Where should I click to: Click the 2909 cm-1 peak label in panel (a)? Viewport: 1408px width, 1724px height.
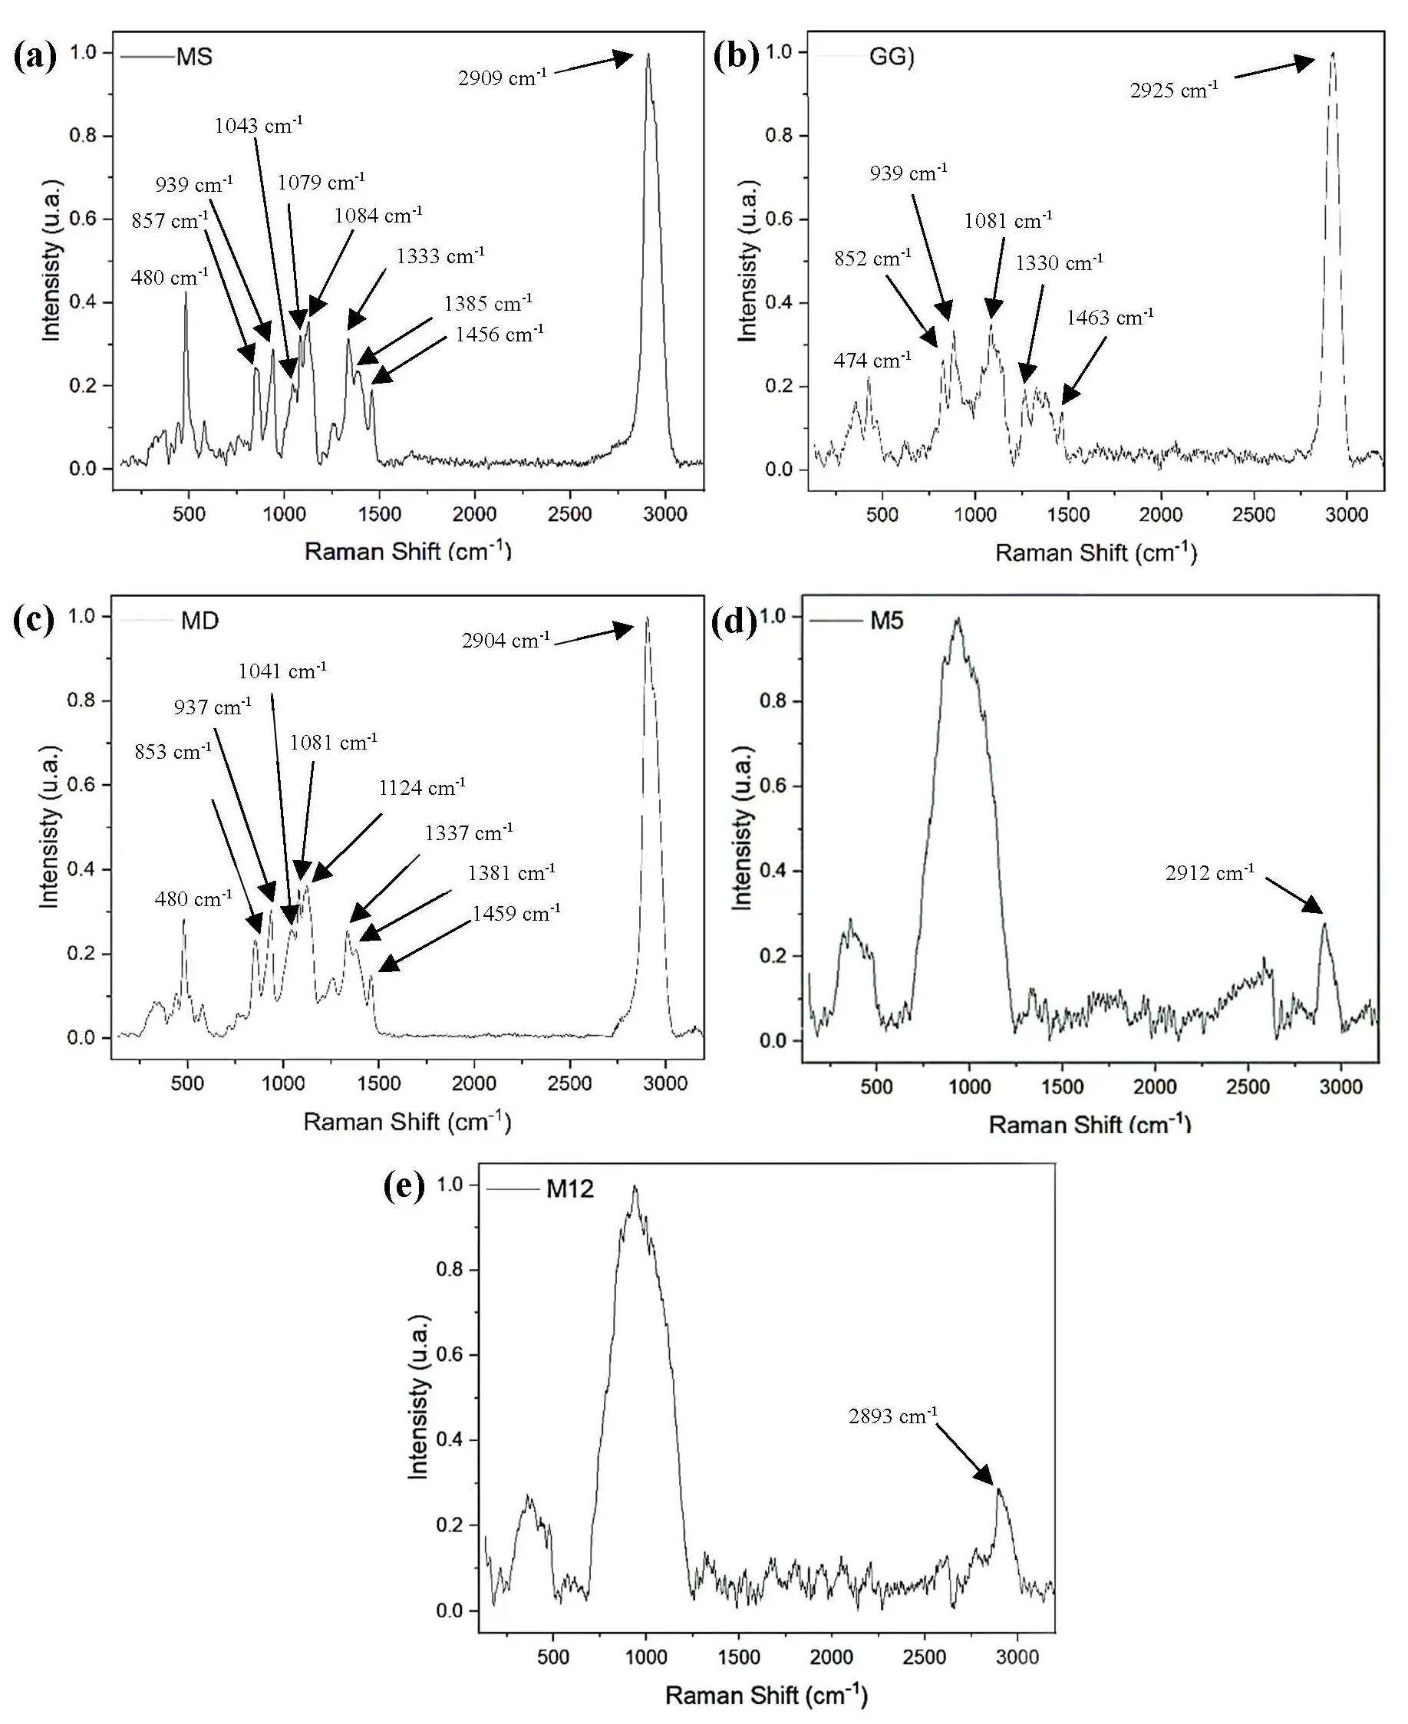(x=502, y=77)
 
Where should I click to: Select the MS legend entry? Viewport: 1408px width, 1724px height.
(x=194, y=57)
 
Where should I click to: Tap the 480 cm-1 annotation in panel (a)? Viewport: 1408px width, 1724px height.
(x=170, y=277)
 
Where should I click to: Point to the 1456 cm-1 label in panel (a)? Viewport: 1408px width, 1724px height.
(x=499, y=334)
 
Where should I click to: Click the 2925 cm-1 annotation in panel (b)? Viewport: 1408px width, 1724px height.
(x=1174, y=90)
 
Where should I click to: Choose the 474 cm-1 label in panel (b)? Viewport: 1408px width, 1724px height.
(x=872, y=360)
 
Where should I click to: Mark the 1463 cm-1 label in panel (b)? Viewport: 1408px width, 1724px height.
(x=1110, y=317)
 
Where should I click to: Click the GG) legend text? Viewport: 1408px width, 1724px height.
(x=892, y=57)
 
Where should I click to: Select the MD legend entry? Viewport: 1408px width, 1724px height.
(x=199, y=621)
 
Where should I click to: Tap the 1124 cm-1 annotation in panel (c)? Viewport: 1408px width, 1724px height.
(x=422, y=787)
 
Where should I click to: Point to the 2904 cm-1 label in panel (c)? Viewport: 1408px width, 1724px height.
(x=506, y=641)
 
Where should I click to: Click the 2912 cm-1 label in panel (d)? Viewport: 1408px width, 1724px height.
(x=1209, y=872)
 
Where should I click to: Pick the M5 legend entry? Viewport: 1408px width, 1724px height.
(x=886, y=621)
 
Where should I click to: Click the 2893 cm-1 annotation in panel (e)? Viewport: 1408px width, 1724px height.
(x=892, y=1416)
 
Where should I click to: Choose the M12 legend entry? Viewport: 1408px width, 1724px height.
(x=569, y=1188)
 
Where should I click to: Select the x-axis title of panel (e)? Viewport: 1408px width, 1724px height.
(x=767, y=1696)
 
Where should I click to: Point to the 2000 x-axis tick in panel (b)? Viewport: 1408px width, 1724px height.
(x=1161, y=514)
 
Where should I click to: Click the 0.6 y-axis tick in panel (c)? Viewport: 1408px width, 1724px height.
(x=83, y=785)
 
